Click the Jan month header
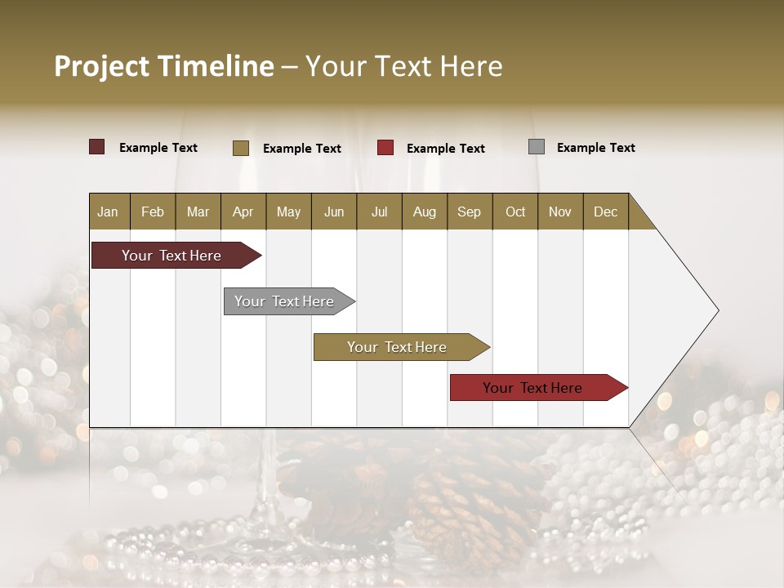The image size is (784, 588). (x=108, y=212)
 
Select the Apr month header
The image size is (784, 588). (x=243, y=212)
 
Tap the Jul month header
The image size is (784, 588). (x=379, y=212)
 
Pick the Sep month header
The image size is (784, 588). (x=469, y=212)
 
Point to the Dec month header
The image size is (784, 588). (x=605, y=212)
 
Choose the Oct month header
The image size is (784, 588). (x=515, y=212)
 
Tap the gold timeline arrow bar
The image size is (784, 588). (x=398, y=347)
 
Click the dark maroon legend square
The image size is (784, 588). (x=96, y=147)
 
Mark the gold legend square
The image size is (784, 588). (x=240, y=148)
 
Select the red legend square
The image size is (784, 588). (x=385, y=148)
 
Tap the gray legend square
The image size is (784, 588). (x=537, y=147)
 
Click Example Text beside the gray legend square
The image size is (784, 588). (x=595, y=148)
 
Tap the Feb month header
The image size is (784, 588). (x=153, y=212)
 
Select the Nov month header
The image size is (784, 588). (x=560, y=212)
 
